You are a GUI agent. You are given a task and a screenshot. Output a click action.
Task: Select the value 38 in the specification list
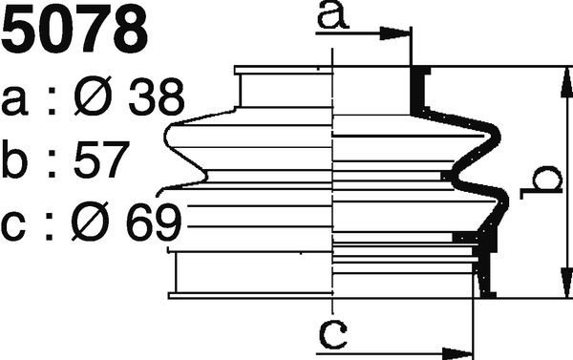(156, 96)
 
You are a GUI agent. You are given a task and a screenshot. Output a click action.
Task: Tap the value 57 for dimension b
(101, 159)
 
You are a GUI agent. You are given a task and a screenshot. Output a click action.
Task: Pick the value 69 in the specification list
(154, 222)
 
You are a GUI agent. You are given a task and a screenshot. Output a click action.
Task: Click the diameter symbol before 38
(91, 96)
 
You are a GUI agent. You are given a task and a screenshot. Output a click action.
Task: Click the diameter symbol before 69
(90, 222)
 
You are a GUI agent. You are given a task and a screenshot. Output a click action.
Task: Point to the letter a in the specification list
(14, 101)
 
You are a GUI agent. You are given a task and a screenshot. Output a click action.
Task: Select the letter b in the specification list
(14, 159)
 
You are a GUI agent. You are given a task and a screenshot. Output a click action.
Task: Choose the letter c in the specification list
(13, 226)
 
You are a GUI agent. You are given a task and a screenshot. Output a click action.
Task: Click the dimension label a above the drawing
(333, 15)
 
